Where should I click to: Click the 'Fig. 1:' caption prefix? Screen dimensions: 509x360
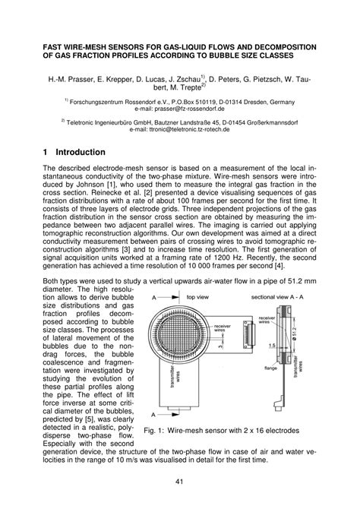156,431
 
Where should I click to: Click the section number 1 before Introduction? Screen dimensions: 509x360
46,152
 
